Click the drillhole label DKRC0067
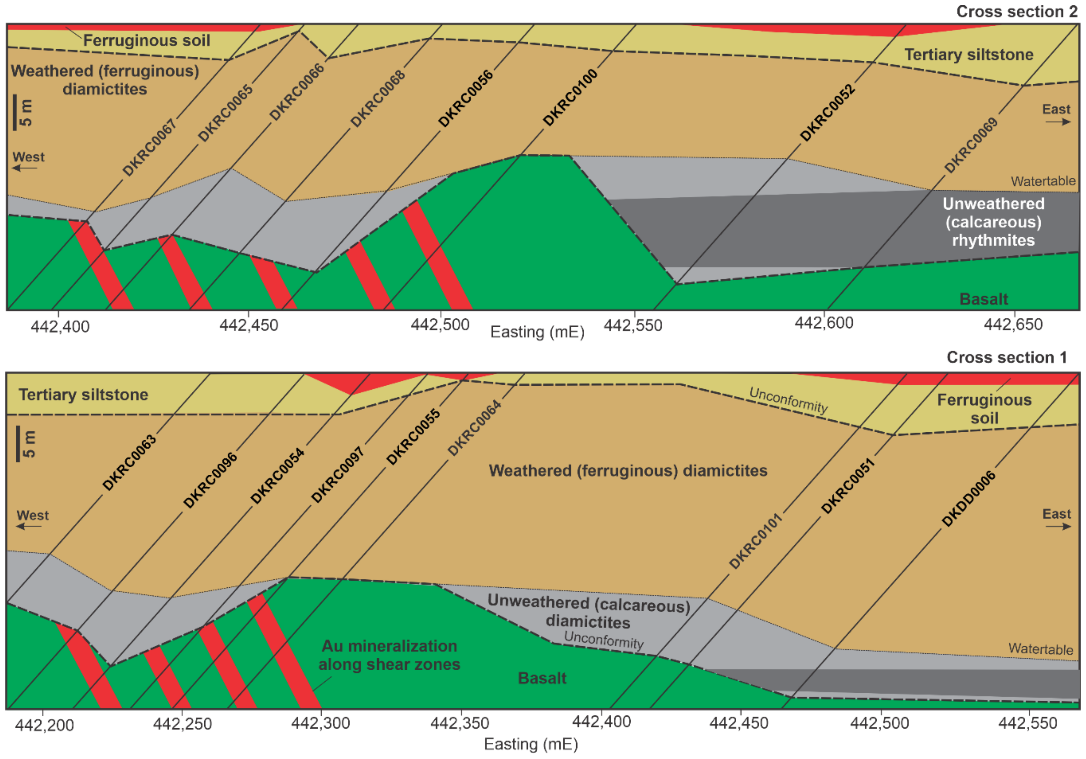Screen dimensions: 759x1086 point(149,147)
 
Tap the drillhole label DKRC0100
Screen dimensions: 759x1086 point(570,98)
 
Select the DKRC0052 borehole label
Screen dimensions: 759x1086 point(827,113)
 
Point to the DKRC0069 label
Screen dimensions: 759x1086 point(971,145)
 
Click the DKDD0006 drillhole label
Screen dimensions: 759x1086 point(968,499)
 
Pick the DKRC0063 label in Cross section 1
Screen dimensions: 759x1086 point(129,462)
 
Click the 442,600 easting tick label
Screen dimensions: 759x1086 point(824,323)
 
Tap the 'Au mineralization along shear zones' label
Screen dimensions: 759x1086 point(389,655)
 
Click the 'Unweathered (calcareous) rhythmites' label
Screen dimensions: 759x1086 point(993,222)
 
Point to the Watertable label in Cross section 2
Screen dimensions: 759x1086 point(1043,181)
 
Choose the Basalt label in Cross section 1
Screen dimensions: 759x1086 point(542,678)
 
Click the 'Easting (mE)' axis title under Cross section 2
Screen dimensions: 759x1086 point(537,332)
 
